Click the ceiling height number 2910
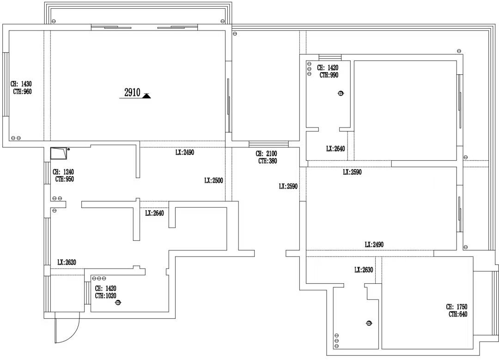click(132, 92)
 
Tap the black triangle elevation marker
click(146, 96)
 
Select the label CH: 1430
click(21, 84)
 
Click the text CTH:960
click(22, 92)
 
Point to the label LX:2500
click(213, 181)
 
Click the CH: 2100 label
click(267, 154)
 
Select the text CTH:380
click(268, 161)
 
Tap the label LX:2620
click(67, 262)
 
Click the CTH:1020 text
click(106, 296)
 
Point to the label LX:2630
click(364, 270)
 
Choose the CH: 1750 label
click(456, 307)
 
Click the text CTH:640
click(458, 314)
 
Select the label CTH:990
click(329, 75)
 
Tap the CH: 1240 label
click(63, 172)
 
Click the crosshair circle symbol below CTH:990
click(341, 93)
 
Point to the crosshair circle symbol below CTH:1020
click(118, 302)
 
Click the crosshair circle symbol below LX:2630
click(369, 323)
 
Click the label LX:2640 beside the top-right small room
click(335, 149)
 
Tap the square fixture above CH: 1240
click(59, 153)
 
